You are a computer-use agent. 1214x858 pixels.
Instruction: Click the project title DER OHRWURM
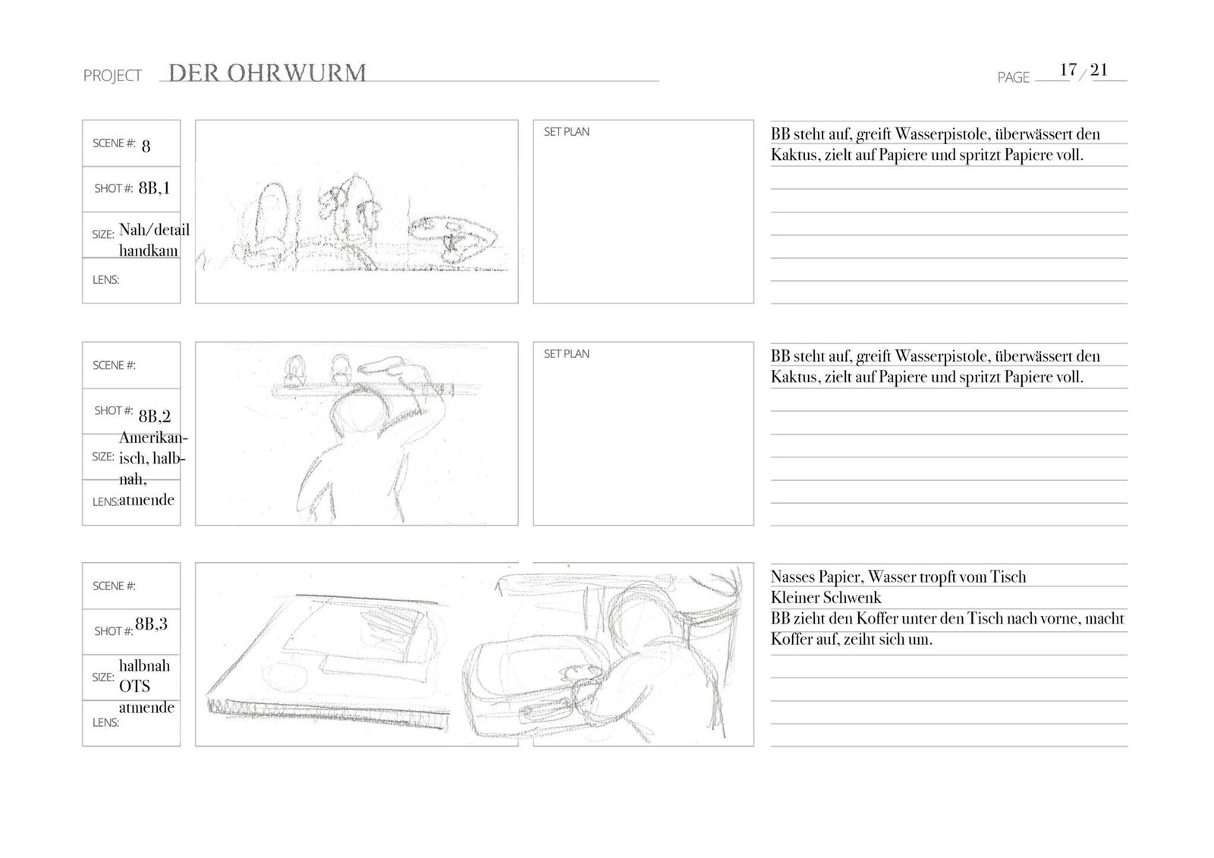[267, 73]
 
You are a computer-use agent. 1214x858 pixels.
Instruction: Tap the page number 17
[1068, 70]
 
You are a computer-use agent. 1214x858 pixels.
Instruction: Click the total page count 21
[1099, 70]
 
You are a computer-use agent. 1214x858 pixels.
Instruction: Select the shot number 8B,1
[154, 188]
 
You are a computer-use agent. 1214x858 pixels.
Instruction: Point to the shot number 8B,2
[154, 416]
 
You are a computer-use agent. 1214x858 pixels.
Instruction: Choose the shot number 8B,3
[152, 624]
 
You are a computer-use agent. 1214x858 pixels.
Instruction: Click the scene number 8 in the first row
[146, 145]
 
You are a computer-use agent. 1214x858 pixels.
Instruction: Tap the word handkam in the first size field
[149, 250]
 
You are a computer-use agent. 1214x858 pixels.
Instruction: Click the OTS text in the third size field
[134, 686]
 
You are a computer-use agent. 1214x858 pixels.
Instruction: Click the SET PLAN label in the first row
[566, 132]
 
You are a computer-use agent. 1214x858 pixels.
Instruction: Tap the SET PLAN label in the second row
[566, 354]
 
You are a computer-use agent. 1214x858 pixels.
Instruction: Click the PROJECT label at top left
[112, 76]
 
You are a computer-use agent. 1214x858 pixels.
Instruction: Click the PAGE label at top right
[1013, 77]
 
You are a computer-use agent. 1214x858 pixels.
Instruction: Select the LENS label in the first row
[105, 280]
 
